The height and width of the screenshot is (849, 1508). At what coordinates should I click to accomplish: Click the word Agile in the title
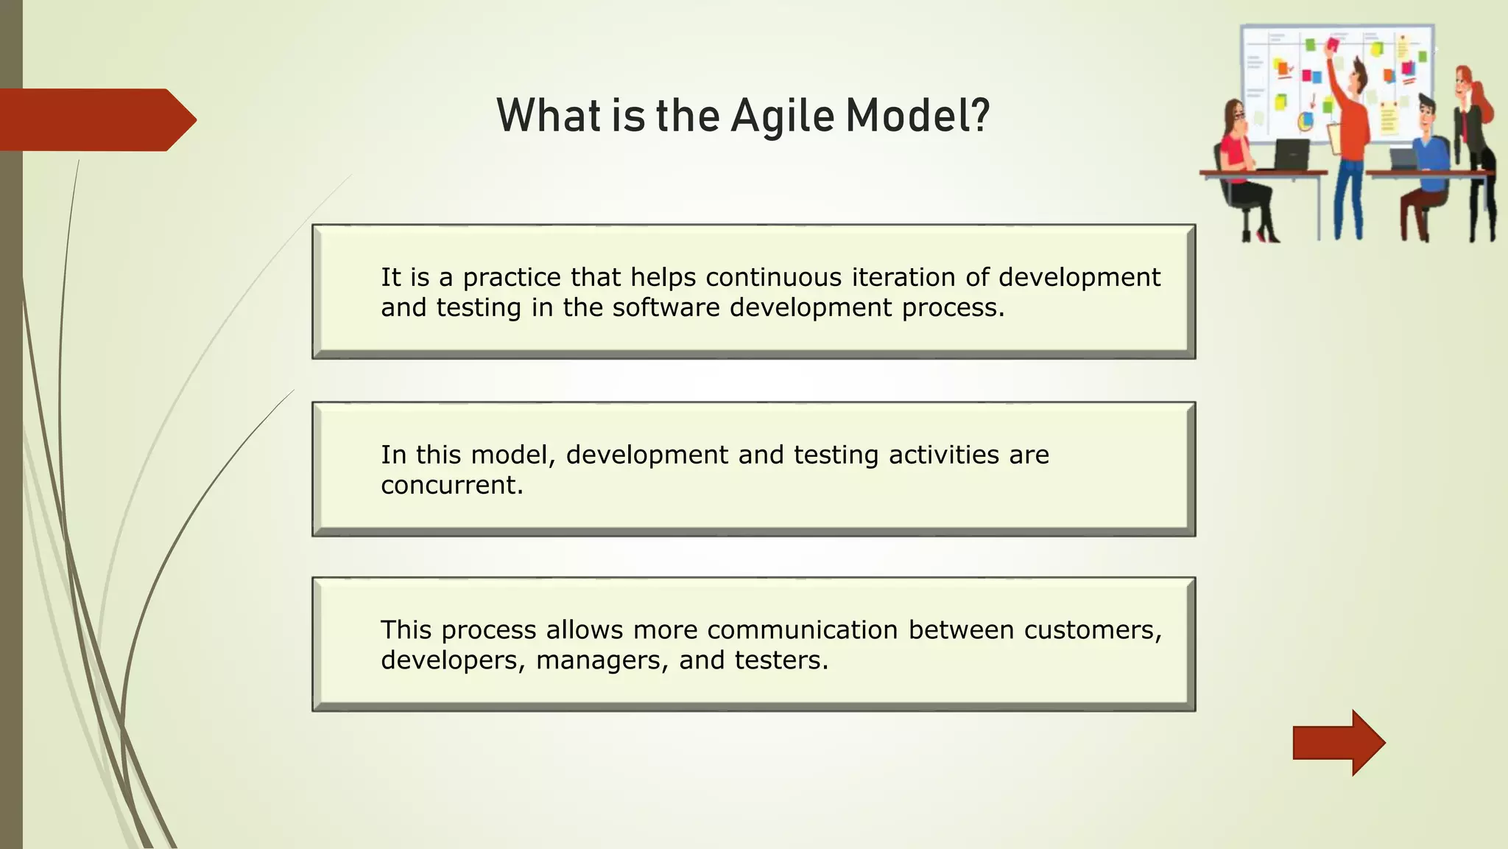(783, 116)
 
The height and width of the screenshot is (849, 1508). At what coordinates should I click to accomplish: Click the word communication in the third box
(803, 630)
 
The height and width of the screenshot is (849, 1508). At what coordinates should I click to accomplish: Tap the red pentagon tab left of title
(96, 119)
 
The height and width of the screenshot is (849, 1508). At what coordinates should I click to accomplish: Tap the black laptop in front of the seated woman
(1292, 154)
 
